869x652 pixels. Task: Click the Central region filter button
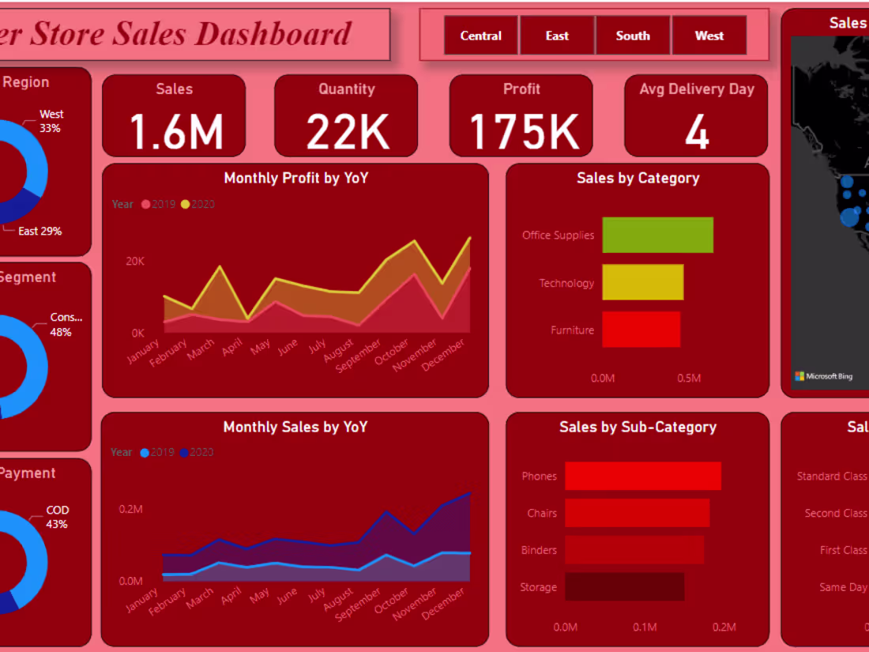point(480,36)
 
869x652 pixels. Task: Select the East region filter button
point(557,36)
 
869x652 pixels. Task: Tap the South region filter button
point(633,36)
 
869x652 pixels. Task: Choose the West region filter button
point(709,36)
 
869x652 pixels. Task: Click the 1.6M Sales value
point(176,131)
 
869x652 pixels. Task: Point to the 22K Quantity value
point(348,131)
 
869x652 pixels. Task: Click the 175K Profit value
point(524,131)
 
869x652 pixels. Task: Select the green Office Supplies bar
point(657,236)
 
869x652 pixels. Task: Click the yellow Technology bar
point(642,282)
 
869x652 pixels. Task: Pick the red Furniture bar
point(641,330)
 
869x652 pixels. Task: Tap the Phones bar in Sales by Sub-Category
point(643,476)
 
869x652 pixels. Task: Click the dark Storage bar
point(624,587)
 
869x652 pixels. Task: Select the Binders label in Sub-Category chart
point(539,550)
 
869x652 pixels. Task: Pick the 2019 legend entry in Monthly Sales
point(157,453)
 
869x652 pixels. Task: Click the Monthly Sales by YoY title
point(295,427)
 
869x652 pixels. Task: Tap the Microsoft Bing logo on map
point(824,376)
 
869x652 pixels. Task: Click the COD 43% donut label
point(57,517)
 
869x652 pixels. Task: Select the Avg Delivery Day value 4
point(696,132)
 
